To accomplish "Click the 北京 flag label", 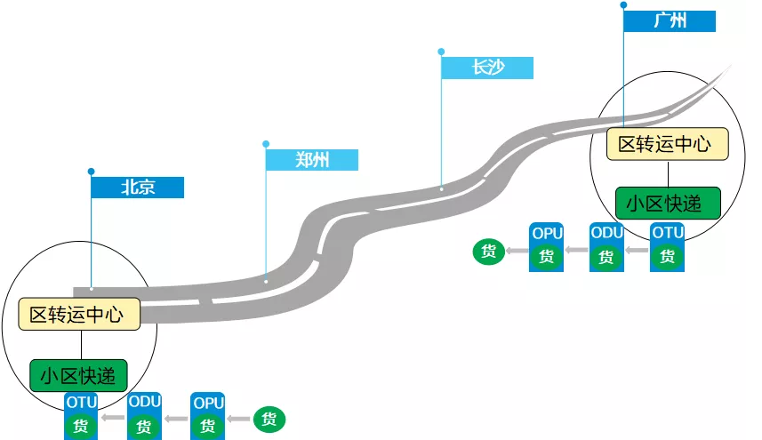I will pyautogui.click(x=138, y=188).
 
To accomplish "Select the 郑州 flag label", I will pyautogui.click(x=312, y=160).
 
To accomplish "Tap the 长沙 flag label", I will pyautogui.click(x=487, y=68).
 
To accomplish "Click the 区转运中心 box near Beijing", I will pyautogui.click(x=80, y=315).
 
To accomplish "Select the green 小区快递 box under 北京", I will pyautogui.click(x=78, y=374).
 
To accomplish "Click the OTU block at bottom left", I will pyautogui.click(x=81, y=415).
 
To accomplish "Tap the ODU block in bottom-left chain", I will pyautogui.click(x=144, y=415).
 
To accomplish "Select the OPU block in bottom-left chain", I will pyautogui.click(x=208, y=415).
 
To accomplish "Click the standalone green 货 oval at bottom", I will pyautogui.click(x=269, y=418).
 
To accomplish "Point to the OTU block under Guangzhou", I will pyautogui.click(x=667, y=246).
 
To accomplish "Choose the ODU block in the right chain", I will pyautogui.click(x=606, y=246).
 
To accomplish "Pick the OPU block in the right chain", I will pyautogui.click(x=546, y=246).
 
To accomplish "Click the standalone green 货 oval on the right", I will pyautogui.click(x=488, y=251).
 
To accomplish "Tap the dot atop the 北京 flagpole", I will pyautogui.click(x=91, y=171).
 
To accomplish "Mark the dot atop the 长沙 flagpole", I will pyautogui.click(x=441, y=52).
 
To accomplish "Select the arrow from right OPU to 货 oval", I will pyautogui.click(x=517, y=252).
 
